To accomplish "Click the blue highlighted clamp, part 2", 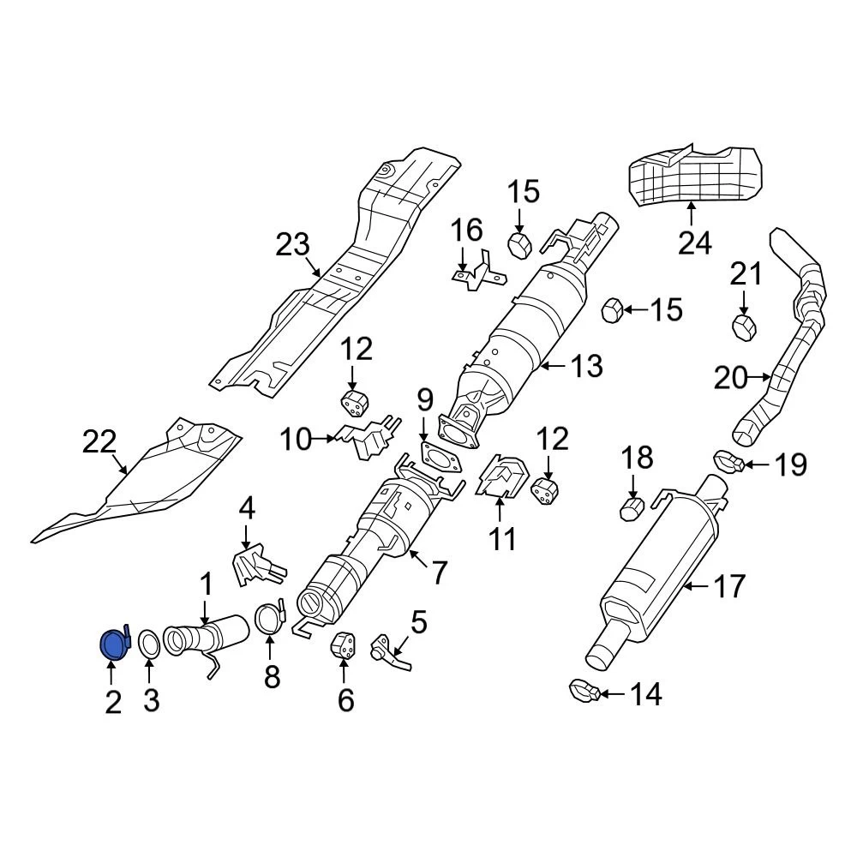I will coord(112,644).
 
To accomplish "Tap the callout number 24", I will coord(694,243).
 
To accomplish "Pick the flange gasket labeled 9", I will coord(440,454).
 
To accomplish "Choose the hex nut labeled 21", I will coord(743,327).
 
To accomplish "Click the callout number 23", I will coord(292,247).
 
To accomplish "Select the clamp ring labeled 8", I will coord(270,619).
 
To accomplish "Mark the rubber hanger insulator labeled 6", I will coord(343,649).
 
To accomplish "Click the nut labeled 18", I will coord(632,511).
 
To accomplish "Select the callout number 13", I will coord(587,367).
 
